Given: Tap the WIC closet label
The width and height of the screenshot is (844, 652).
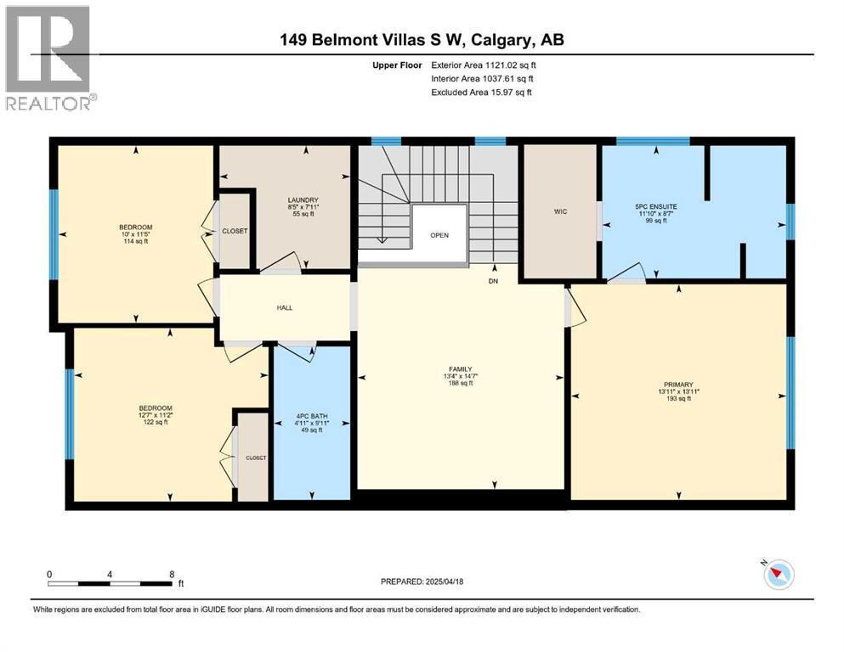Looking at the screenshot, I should (560, 211).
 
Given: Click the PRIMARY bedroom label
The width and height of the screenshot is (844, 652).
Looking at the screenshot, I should (679, 385).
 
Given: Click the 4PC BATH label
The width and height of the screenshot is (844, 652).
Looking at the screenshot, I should (310, 416).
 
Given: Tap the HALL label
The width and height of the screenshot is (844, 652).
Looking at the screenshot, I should (285, 307).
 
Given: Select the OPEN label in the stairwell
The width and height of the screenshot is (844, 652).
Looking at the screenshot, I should (439, 235).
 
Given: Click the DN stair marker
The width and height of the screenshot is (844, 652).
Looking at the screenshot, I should (493, 280).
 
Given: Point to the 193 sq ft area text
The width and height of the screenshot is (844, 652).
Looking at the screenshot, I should (679, 399).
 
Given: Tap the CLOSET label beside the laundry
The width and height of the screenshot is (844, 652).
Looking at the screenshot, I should (234, 230).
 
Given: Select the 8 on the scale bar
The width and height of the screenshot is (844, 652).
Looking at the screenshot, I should (172, 574).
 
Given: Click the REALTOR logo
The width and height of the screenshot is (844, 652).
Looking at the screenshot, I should (48, 58).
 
